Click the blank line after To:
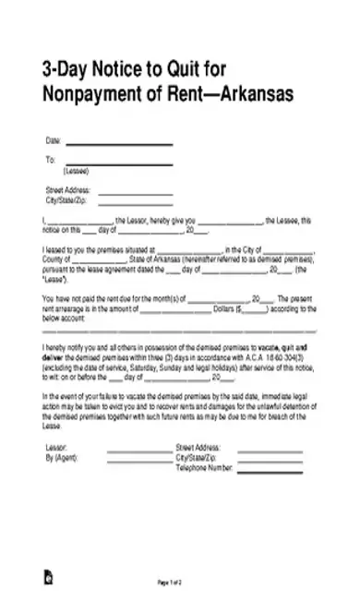pyautogui.click(x=119, y=163)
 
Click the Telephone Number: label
pyautogui.click(x=203, y=467)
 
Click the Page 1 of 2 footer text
pyautogui.click(x=171, y=584)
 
